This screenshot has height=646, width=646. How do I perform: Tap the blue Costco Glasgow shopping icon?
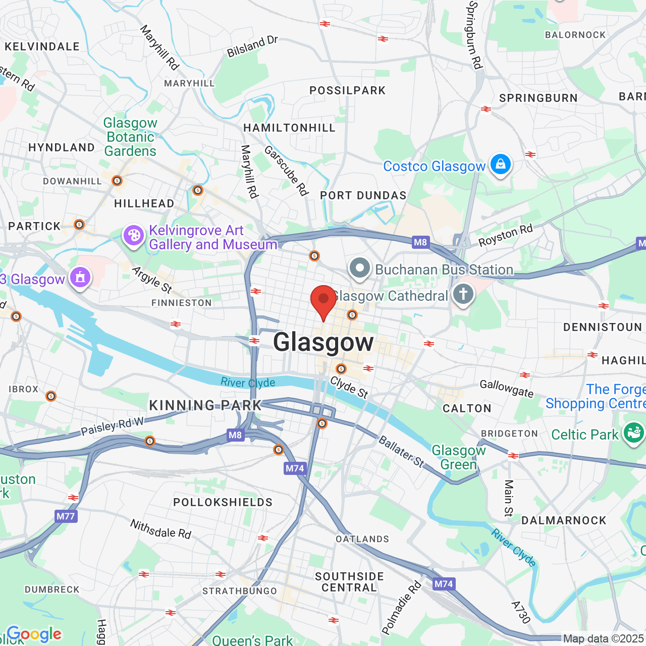pyautogui.click(x=500, y=165)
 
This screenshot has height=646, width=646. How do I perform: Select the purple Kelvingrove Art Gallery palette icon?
pyautogui.click(x=134, y=236)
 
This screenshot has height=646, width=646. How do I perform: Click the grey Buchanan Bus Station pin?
pyautogui.click(x=360, y=268)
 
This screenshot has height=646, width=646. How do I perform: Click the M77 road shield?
pyautogui.click(x=66, y=516)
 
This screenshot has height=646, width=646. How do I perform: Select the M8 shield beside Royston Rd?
pyautogui.click(x=420, y=242)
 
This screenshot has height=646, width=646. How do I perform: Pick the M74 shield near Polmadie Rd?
pyautogui.click(x=444, y=584)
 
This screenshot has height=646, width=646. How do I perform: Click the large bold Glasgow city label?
pyautogui.click(x=323, y=342)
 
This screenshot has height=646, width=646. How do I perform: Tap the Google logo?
pyautogui.click(x=34, y=634)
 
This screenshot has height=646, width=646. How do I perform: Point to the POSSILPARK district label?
pyautogui.click(x=347, y=91)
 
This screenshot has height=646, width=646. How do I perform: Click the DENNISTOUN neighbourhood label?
pyautogui.click(x=602, y=328)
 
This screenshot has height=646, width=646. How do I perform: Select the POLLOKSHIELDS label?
pyautogui.click(x=223, y=503)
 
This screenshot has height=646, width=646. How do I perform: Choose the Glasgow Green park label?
pyautogui.click(x=458, y=457)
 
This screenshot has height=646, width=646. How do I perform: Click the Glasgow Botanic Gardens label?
pyautogui.click(x=130, y=137)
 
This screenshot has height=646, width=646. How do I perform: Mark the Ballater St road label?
pyautogui.click(x=401, y=451)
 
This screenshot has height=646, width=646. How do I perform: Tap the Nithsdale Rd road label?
pyautogui.click(x=160, y=529)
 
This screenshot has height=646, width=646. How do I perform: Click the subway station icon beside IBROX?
pyautogui.click(x=51, y=396)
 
